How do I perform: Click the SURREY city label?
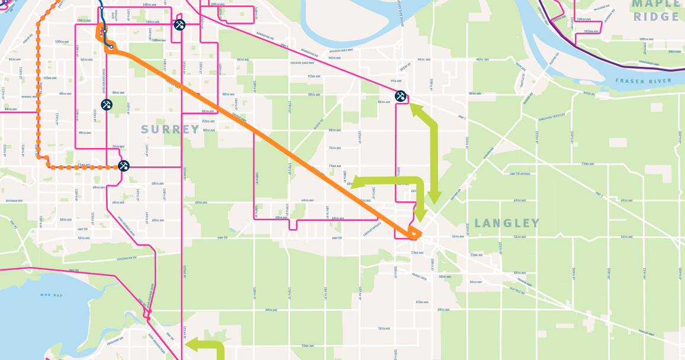coord(171,129)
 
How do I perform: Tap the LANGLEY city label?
coord(507,223)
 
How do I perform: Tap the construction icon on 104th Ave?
coord(180,25)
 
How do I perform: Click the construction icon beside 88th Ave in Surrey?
coord(107,105)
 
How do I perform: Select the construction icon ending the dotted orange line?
coord(124,166)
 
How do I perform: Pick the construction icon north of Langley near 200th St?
coord(400,95)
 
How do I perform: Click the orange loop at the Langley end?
coord(415,235)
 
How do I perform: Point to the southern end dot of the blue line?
coord(111,47)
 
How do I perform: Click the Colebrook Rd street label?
coord(126,258)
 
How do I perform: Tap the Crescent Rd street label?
coord(114,341)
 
